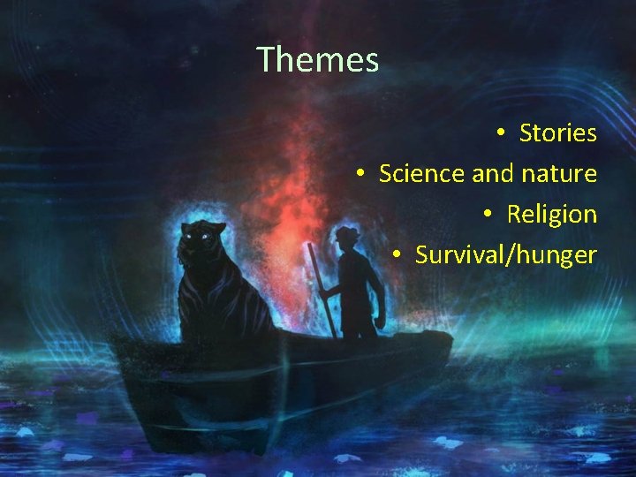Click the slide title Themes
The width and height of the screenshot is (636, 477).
[318, 60]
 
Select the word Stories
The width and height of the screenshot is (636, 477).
[557, 133]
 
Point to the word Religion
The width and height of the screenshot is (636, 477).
[551, 215]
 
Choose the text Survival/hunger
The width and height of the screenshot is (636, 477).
[505, 255]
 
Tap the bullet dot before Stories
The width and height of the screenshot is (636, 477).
[499, 133]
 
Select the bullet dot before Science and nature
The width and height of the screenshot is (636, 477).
[360, 174]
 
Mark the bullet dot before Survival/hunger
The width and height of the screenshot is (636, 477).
[397, 255]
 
